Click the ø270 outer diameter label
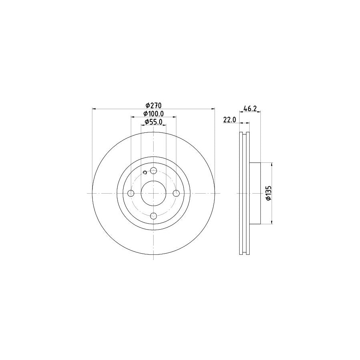153,105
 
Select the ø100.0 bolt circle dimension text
153,114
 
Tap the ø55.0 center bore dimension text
153,122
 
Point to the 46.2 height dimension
250,108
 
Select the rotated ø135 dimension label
269,193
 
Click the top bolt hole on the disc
154,171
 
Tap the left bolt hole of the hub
131,194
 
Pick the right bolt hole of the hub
176,194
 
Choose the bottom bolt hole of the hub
154,216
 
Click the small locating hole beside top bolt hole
145,172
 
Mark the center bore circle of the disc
154,194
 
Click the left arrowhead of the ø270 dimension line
94,108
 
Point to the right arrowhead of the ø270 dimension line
213,108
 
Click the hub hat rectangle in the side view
255,193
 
